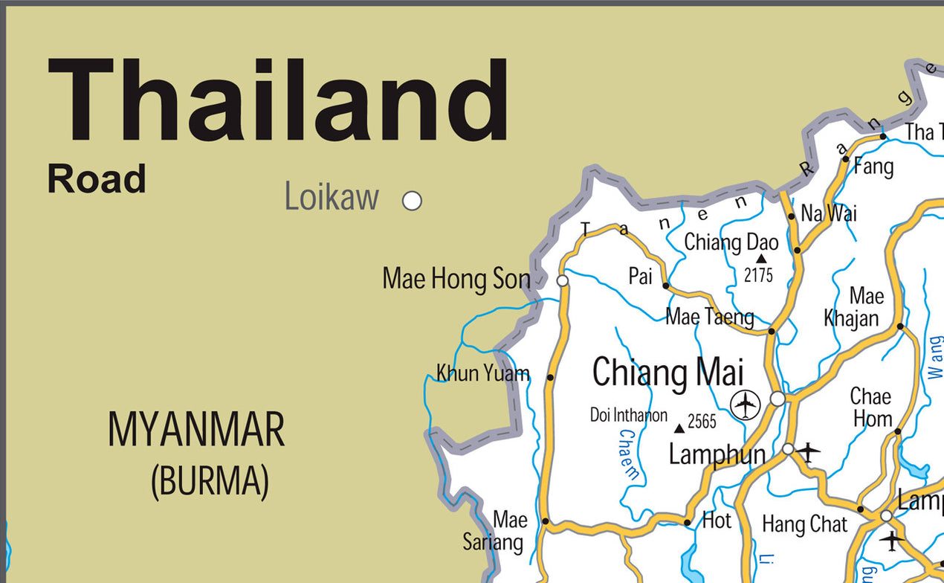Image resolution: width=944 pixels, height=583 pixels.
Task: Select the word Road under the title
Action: pyautogui.click(x=97, y=180)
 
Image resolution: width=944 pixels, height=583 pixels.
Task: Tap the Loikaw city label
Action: pyautogui.click(x=332, y=198)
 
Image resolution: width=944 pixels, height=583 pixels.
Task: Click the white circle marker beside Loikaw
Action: pyautogui.click(x=412, y=201)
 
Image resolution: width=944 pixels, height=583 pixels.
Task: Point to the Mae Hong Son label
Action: pyautogui.click(x=456, y=280)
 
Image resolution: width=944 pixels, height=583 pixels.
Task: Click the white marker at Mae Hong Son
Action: pyautogui.click(x=563, y=280)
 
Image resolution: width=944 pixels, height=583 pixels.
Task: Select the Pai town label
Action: pyautogui.click(x=640, y=277)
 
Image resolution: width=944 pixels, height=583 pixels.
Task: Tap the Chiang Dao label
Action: pyautogui.click(x=731, y=242)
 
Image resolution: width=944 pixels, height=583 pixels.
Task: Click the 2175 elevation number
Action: pyautogui.click(x=758, y=275)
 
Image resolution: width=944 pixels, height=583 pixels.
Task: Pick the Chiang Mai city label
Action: pyautogui.click(x=667, y=372)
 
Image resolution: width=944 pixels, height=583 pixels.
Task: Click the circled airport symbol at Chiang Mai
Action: pyautogui.click(x=745, y=405)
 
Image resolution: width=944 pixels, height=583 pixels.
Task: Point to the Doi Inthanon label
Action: pyautogui.click(x=629, y=415)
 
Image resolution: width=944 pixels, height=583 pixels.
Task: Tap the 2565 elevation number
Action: pyautogui.click(x=702, y=422)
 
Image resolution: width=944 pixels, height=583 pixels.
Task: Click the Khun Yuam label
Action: pyautogui.click(x=482, y=373)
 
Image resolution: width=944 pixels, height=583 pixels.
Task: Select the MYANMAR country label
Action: pyautogui.click(x=196, y=430)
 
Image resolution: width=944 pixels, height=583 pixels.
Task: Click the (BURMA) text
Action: pyautogui.click(x=210, y=481)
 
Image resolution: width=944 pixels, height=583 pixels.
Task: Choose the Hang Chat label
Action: pyautogui.click(x=804, y=525)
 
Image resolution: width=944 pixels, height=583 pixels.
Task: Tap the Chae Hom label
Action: pyautogui.click(x=871, y=407)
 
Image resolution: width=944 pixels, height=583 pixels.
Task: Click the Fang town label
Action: pyautogui.click(x=873, y=167)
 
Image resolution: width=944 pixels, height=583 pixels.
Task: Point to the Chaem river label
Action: pyautogui.click(x=629, y=454)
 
